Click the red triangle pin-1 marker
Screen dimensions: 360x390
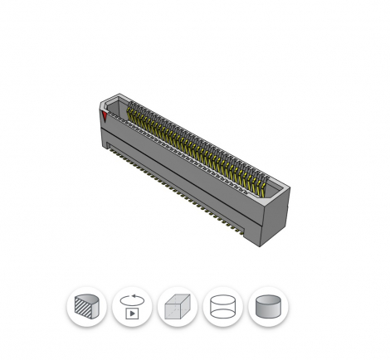[x=105, y=115]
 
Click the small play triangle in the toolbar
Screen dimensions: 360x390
[x=131, y=314]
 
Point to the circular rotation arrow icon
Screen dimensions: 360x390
[x=130, y=299]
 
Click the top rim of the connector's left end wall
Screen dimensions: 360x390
[x=115, y=98]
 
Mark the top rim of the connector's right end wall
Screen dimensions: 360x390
[x=278, y=188]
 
